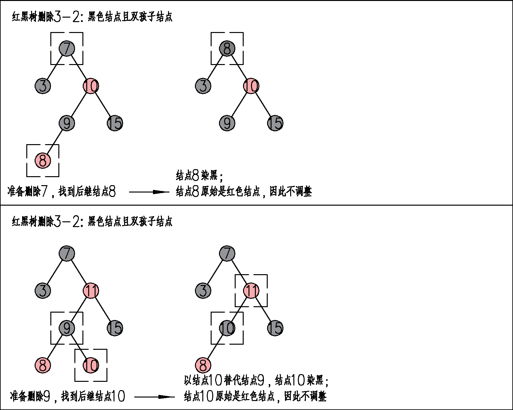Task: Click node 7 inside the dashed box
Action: pyautogui.click(x=67, y=49)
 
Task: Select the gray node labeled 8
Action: pyautogui.click(x=227, y=49)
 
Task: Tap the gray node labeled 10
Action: pyautogui.click(x=227, y=328)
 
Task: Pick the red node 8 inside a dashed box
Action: pyautogui.click(x=43, y=160)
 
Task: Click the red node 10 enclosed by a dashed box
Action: pyautogui.click(x=91, y=365)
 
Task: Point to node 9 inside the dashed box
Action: pyautogui.click(x=67, y=328)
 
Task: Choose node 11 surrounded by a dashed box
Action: pyautogui.click(x=251, y=291)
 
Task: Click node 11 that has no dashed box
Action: pyautogui.click(x=91, y=291)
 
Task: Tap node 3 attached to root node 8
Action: pyautogui.click(x=203, y=86)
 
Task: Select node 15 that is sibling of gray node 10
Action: pyautogui.click(x=275, y=328)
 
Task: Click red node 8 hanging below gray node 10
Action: pyautogui.click(x=203, y=365)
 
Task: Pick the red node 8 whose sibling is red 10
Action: pyautogui.click(x=43, y=365)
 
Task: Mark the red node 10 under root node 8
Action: pyautogui.click(x=251, y=86)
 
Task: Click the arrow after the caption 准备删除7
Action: pyautogui.click(x=149, y=192)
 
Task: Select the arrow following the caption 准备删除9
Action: pyautogui.click(x=155, y=397)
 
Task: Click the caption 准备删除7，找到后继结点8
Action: pyautogui.click(x=62, y=192)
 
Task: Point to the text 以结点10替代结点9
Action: pyautogui.click(x=224, y=381)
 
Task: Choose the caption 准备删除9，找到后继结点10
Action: pyautogui.click(x=67, y=397)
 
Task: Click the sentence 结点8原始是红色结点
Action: pyautogui.click(x=218, y=192)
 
